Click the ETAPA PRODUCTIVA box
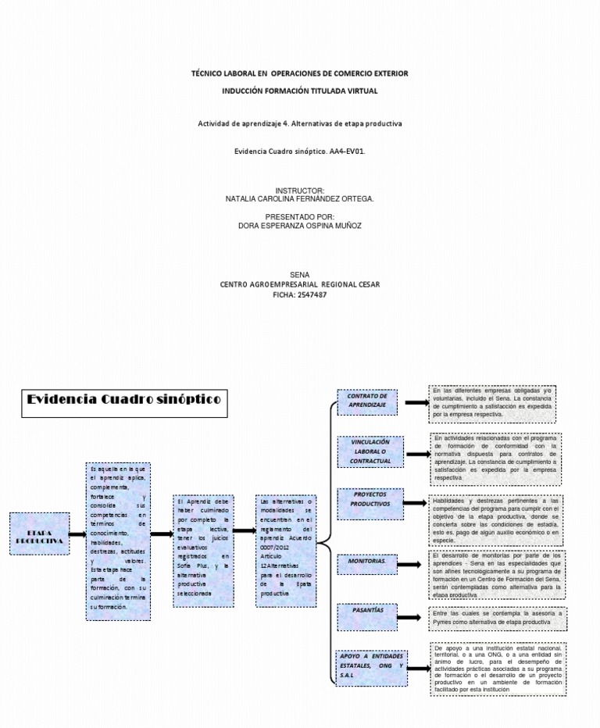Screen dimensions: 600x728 (x=38, y=535)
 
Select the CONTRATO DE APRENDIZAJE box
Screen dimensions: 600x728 (x=367, y=401)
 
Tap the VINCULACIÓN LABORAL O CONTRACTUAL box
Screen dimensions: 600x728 (x=370, y=451)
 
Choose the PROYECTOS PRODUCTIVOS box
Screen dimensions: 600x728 (x=370, y=499)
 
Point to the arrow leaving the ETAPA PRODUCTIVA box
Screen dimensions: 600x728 (x=77, y=535)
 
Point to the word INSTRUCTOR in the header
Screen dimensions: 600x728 (x=299, y=191)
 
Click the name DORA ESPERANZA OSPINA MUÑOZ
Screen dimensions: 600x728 (x=299, y=226)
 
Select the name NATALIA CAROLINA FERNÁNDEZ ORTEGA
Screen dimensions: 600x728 (x=299, y=199)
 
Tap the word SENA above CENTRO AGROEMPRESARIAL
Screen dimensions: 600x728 (x=299, y=275)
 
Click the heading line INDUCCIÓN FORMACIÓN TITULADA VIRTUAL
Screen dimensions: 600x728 (x=299, y=91)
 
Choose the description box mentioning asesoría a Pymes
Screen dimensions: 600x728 (x=498, y=618)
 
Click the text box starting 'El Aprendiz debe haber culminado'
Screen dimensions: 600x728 (x=203, y=546)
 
